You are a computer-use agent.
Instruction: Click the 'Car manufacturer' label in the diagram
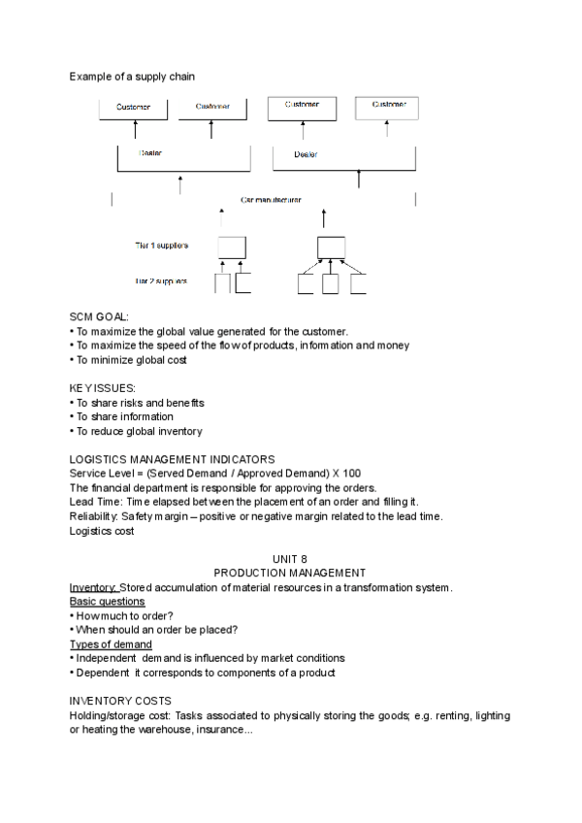271,200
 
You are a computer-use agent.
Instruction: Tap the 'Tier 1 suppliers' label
162,246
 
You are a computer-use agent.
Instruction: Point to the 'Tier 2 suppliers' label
162,281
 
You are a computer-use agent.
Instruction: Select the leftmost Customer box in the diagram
134,108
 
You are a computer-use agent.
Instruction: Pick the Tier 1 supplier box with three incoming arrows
332,247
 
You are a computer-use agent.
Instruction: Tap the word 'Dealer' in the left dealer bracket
151,153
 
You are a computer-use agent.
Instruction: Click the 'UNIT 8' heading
290,560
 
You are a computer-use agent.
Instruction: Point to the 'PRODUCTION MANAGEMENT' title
290,574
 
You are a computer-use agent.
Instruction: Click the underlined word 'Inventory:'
93,588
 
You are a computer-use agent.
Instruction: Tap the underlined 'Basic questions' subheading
107,602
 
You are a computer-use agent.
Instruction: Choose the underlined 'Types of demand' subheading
110,644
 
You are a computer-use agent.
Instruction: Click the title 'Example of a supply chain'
131,76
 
